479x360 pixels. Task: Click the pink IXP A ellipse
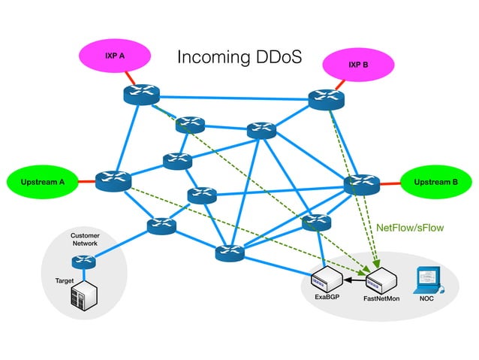(114, 56)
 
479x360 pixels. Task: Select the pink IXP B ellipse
(358, 65)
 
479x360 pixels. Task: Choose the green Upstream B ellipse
(436, 181)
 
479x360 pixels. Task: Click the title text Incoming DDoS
(239, 58)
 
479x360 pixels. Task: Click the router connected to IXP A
(141, 95)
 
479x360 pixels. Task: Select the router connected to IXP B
(327, 99)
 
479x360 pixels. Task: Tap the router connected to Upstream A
(113, 180)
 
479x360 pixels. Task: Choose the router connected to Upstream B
(363, 183)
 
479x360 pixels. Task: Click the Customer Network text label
(84, 240)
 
